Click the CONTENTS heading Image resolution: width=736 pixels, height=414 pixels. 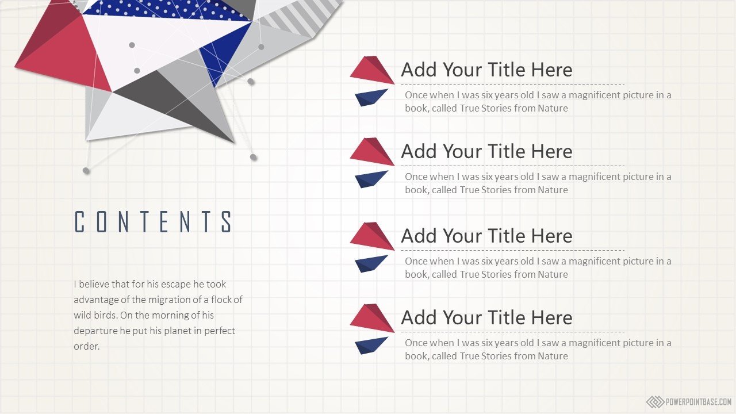tap(154, 222)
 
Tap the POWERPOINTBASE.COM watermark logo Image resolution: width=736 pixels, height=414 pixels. tap(689, 402)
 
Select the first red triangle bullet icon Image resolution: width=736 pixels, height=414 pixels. tap(372, 70)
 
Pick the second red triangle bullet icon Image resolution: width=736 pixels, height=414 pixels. tap(372, 151)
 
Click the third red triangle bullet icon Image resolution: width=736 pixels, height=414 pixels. tap(372, 236)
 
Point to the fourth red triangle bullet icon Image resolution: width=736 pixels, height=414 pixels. tap(372, 318)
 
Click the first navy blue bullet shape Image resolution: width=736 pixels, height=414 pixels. tap(371, 98)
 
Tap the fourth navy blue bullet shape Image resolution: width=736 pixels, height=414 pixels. tap(371, 346)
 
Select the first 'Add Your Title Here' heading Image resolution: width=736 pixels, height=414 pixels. tap(486, 70)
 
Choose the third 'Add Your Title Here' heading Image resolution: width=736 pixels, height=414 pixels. tap(486, 236)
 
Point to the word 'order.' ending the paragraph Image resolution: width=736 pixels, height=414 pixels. tap(86, 346)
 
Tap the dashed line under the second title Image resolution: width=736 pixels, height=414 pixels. tap(512, 166)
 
